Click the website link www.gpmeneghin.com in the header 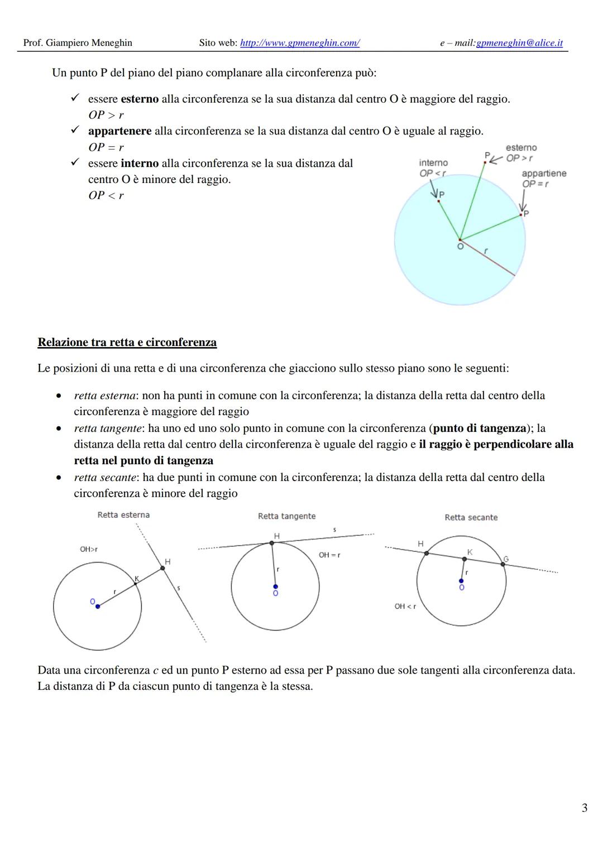point(299,43)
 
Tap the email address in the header point(519,43)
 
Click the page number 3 point(584,807)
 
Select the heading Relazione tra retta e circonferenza point(127,342)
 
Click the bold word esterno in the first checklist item point(140,99)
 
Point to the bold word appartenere point(119,131)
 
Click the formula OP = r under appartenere point(106,147)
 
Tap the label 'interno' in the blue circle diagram point(433,162)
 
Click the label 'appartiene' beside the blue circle point(544,174)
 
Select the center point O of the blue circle point(460,240)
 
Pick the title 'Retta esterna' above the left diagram point(123,515)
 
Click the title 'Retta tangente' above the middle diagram point(286,516)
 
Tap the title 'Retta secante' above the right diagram point(471,517)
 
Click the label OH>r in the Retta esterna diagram point(89,549)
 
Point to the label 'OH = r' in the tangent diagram point(329,555)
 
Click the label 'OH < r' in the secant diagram point(405,606)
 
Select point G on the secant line point(503,564)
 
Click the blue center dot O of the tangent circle point(275,586)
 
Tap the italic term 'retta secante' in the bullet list point(105,478)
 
